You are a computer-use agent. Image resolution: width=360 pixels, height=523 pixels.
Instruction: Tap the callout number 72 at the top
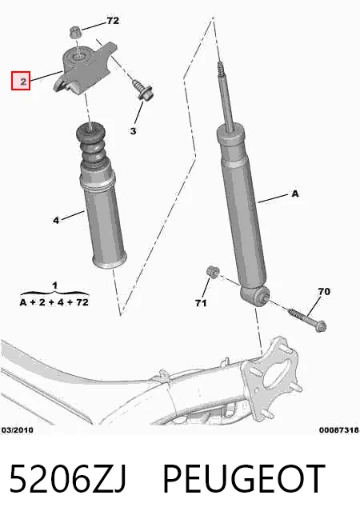click(113, 21)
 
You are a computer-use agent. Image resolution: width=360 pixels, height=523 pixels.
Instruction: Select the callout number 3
click(133, 131)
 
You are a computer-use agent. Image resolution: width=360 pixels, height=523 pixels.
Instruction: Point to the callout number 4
click(56, 220)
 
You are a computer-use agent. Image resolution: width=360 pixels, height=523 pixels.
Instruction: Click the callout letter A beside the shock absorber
click(295, 194)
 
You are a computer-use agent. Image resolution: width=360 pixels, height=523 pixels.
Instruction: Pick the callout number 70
click(324, 292)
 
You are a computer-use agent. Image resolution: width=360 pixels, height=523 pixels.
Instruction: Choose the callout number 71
click(201, 303)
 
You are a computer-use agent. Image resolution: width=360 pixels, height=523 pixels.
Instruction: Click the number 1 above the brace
click(54, 285)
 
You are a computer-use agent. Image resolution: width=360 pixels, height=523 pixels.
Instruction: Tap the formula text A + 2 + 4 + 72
click(54, 302)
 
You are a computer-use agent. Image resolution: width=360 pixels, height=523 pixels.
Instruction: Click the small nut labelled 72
click(75, 33)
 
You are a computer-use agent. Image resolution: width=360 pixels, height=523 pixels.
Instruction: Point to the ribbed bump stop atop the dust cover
click(90, 145)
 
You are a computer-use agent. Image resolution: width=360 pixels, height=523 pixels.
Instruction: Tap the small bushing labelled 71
click(212, 272)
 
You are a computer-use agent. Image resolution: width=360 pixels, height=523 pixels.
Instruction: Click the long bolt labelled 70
click(306, 319)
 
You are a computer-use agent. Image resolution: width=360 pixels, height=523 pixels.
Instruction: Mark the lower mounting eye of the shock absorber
click(255, 295)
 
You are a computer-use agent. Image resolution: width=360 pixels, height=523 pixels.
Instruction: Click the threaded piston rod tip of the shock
click(221, 69)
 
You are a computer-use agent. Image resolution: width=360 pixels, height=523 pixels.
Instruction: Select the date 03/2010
click(18, 430)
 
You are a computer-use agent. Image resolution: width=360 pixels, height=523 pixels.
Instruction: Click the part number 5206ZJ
click(68, 479)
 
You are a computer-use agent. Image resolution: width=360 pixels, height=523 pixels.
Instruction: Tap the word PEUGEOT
click(243, 479)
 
